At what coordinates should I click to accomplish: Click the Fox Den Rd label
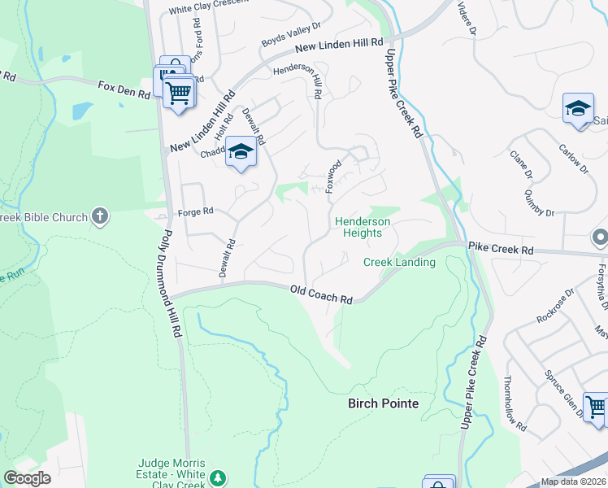point(124,89)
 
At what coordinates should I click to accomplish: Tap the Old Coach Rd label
point(322,294)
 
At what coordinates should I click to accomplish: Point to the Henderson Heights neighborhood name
point(362,227)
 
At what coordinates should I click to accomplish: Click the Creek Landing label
point(398,262)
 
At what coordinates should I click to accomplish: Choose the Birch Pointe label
point(383,403)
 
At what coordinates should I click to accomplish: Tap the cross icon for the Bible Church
point(100,216)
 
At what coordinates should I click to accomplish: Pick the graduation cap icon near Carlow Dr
point(578,108)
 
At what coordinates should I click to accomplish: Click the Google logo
point(27,478)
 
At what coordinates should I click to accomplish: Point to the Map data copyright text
point(573,481)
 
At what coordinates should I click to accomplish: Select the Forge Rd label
point(195,211)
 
